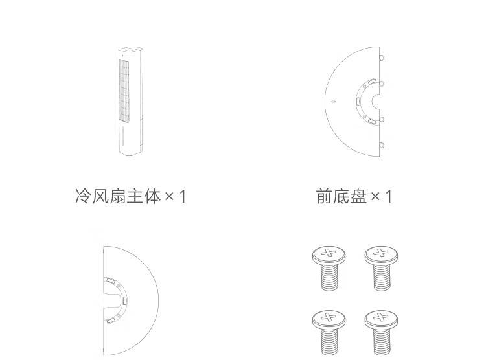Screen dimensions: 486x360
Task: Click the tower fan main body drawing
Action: [x=131, y=101]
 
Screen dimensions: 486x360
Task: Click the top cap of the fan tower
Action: [x=132, y=50]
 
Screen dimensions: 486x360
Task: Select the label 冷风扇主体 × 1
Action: [x=130, y=196]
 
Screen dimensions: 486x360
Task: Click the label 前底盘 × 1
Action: [x=354, y=196]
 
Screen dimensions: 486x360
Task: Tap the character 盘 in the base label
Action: [x=358, y=196]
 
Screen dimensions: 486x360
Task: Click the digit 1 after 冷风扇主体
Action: [x=183, y=197]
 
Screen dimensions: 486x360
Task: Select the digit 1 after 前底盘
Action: [x=388, y=197]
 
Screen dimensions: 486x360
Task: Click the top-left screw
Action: [x=329, y=268]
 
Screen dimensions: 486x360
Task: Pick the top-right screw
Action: [x=381, y=268]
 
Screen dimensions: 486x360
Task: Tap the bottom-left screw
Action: [x=329, y=333]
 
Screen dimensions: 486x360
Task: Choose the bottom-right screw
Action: [x=381, y=333]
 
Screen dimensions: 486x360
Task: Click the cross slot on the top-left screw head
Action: [x=329, y=253]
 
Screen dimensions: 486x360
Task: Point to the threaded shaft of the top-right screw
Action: [x=382, y=276]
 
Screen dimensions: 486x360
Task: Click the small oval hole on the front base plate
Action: [x=333, y=101]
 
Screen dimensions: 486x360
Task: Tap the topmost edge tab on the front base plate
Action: [x=382, y=58]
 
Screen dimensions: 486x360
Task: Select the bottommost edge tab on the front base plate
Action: [x=382, y=145]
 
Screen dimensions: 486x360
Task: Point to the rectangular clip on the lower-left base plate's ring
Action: [x=125, y=300]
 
